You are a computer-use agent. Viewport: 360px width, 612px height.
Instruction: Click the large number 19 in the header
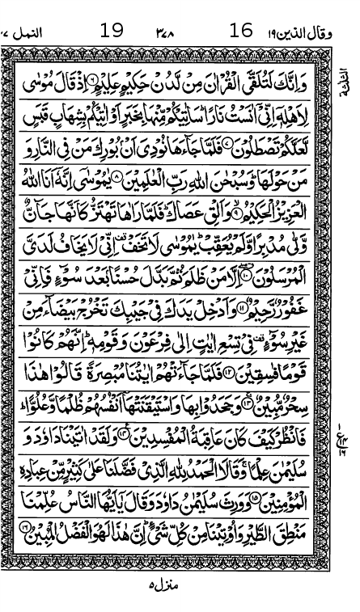tap(112, 32)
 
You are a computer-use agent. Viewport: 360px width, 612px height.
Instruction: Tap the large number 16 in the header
tap(240, 32)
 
